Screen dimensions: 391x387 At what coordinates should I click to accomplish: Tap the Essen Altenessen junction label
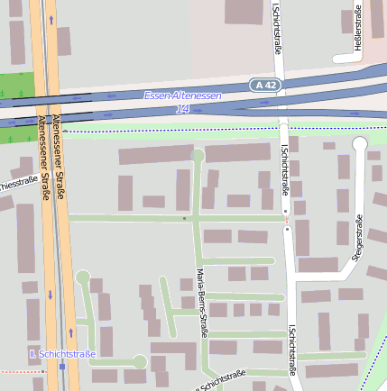187,95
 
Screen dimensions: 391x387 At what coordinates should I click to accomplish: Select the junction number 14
183,108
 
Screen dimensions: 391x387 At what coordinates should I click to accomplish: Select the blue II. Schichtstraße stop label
62,354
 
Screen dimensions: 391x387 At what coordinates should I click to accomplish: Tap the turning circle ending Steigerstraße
360,143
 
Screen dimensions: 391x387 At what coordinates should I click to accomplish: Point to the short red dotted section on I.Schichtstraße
287,219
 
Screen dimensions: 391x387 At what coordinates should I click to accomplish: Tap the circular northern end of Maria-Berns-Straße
198,155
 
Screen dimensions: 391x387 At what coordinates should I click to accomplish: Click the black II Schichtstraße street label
221,381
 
